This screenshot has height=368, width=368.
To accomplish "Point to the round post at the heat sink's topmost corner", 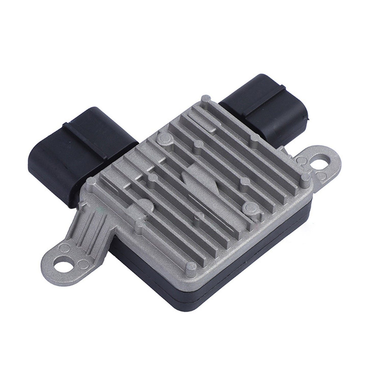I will [206, 98].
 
